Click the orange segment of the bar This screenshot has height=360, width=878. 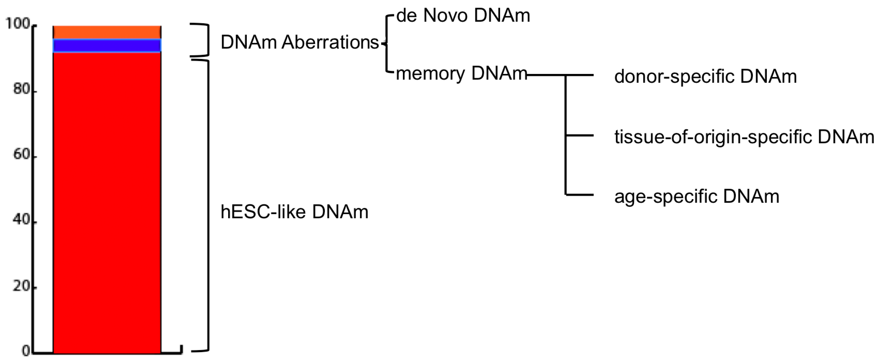[x=107, y=32]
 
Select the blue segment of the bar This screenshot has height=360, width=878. [x=107, y=46]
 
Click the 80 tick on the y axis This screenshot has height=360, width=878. [x=21, y=89]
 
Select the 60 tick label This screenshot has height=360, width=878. [x=21, y=155]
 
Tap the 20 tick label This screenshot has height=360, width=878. [x=21, y=286]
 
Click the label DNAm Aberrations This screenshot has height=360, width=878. [x=300, y=43]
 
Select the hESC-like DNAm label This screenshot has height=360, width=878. [x=294, y=212]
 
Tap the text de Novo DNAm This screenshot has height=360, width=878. [x=463, y=16]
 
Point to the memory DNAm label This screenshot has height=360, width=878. [x=461, y=74]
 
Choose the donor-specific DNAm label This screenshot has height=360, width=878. [x=705, y=76]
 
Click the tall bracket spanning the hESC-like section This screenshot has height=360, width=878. [x=208, y=204]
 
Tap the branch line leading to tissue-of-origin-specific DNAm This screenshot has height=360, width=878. [x=579, y=136]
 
